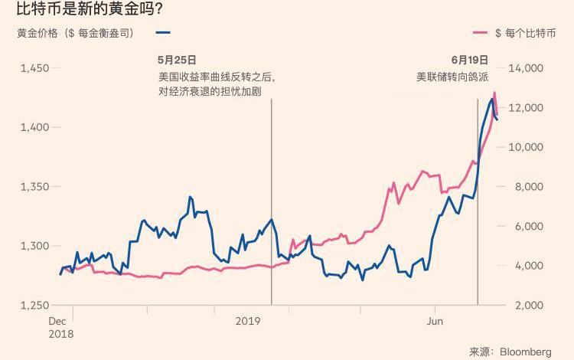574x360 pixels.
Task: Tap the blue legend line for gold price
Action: pos(162,33)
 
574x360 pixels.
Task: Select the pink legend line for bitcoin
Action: pos(481,33)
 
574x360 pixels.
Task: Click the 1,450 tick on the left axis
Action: pos(34,68)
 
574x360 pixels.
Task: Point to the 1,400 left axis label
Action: pos(34,127)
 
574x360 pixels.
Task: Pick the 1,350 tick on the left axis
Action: pos(34,187)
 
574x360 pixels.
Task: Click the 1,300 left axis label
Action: pos(34,246)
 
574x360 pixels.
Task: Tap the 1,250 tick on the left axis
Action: pos(34,305)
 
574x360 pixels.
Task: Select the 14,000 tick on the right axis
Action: pos(527,68)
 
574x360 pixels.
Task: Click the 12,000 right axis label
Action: pos(527,108)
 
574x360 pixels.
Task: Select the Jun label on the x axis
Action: pos(434,321)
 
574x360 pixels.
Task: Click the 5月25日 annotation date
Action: pos(177,60)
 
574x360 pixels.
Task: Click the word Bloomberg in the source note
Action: pos(526,352)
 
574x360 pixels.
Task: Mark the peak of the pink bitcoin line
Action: pos(494,93)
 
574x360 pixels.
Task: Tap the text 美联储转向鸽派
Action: pos(452,77)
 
